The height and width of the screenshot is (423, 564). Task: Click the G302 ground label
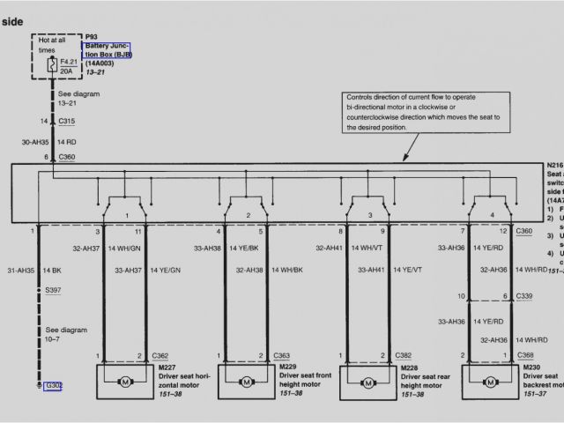click(x=55, y=385)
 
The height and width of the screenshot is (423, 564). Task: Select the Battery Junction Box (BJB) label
click(x=107, y=50)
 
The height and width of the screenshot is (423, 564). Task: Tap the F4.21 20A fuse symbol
click(x=54, y=65)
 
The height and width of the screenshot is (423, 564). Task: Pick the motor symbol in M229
click(x=247, y=382)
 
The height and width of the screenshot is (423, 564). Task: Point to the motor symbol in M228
click(x=368, y=382)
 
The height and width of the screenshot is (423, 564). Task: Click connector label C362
click(x=160, y=355)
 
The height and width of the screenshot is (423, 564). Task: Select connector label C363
click(x=282, y=355)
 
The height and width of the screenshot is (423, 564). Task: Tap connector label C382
click(x=404, y=355)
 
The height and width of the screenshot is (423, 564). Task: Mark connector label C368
click(x=525, y=355)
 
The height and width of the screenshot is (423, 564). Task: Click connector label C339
click(x=525, y=296)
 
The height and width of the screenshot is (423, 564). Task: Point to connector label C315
click(x=67, y=120)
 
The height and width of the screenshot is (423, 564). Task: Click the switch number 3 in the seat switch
click(x=370, y=215)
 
